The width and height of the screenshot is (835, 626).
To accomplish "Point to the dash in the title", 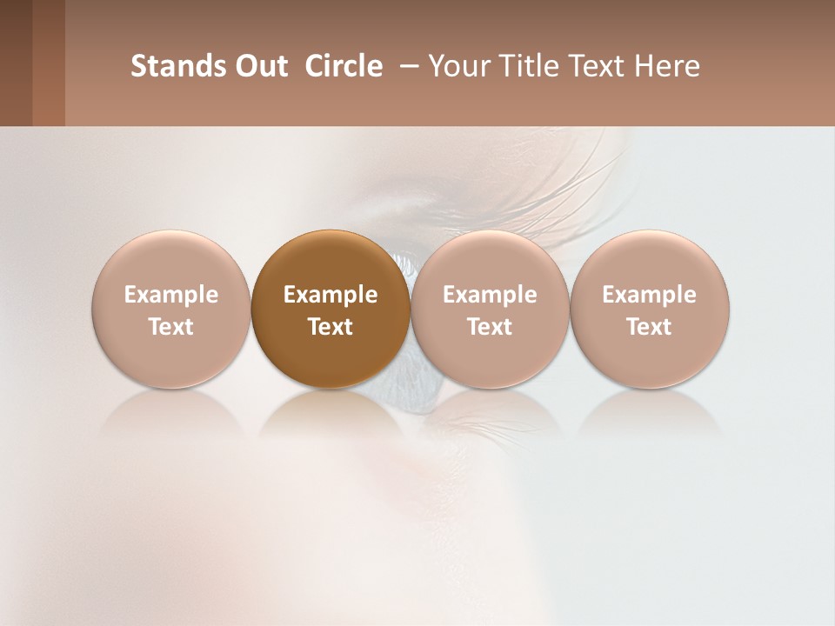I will point(405,66).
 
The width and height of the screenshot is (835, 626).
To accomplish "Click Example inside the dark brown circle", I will point(331,295).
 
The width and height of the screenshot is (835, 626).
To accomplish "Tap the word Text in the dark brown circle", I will point(331,327).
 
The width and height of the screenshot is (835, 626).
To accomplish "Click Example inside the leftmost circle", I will point(170,295).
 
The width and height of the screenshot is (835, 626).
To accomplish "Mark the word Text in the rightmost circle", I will point(650,327).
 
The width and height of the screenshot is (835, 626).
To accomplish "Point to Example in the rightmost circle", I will point(650,295).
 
